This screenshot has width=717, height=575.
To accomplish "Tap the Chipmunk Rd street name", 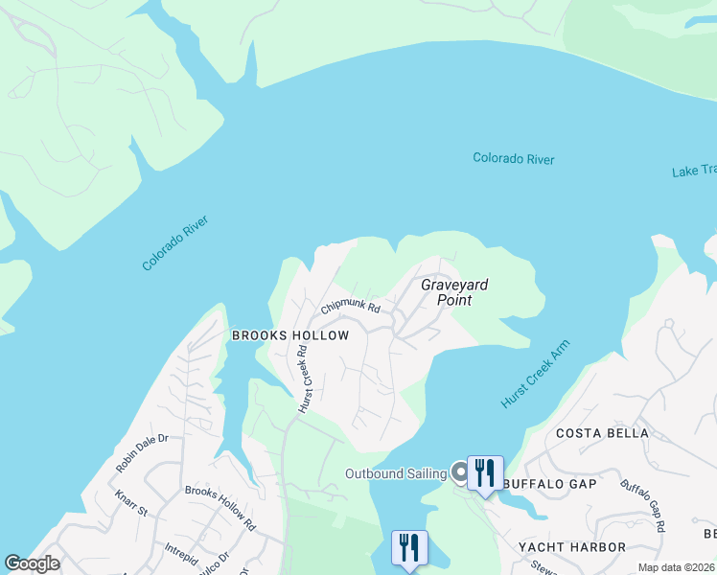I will (x=351, y=308).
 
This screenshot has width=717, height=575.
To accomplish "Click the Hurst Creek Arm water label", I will (x=535, y=374).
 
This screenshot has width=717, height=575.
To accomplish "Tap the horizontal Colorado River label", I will (x=513, y=159).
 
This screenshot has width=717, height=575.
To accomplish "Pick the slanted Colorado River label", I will (x=174, y=243).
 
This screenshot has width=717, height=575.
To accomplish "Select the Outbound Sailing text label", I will (x=396, y=474).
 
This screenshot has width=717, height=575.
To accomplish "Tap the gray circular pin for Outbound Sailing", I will (x=459, y=471).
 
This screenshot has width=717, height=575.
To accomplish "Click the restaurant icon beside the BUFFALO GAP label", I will (x=484, y=472).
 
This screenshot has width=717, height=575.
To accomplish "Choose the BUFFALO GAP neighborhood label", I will (x=551, y=484).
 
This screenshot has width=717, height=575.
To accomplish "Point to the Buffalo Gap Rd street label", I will (x=643, y=506).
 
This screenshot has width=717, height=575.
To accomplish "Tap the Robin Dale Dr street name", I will (x=141, y=452).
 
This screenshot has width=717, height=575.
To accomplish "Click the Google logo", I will (x=32, y=563).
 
